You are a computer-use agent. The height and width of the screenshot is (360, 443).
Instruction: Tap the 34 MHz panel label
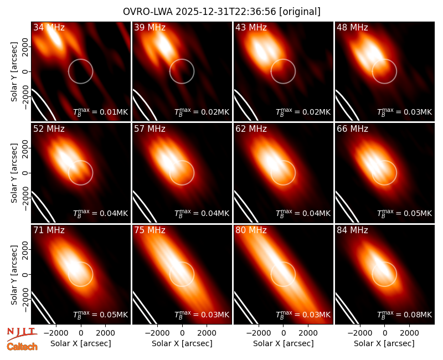(x=49, y=27)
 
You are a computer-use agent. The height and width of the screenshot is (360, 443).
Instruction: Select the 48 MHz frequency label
(x=352, y=27)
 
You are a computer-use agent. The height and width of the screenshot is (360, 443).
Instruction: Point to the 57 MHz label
(x=150, y=129)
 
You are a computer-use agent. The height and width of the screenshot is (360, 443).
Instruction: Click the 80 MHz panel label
(x=251, y=230)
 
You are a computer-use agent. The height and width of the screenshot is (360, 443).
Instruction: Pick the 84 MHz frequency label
(x=352, y=230)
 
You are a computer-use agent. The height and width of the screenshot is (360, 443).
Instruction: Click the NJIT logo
(x=22, y=334)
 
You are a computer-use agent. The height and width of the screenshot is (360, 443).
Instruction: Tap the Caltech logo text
(x=22, y=347)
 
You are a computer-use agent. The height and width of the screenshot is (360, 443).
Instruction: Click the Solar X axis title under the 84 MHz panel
(x=384, y=343)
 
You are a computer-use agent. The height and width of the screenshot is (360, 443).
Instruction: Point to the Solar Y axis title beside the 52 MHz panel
(x=14, y=173)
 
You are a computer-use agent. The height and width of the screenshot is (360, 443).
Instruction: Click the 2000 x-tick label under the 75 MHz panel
(x=207, y=333)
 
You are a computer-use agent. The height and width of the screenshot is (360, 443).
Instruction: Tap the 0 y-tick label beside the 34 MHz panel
(x=25, y=71)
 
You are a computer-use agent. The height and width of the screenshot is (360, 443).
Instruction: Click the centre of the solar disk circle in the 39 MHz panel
(x=182, y=71)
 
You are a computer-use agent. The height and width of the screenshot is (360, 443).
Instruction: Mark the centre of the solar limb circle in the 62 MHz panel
(x=283, y=173)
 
